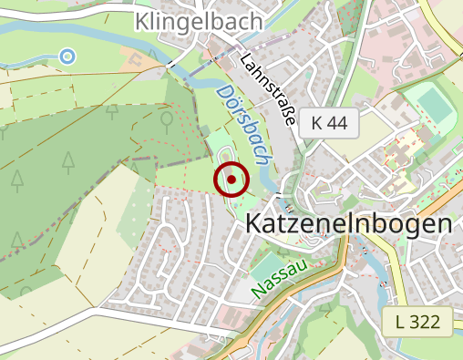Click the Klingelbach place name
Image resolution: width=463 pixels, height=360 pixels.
click(x=198, y=21)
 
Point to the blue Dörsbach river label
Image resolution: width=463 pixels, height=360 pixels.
click(x=244, y=125)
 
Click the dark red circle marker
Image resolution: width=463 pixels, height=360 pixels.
click(x=231, y=180)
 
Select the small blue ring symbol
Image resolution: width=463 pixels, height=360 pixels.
click(x=67, y=57)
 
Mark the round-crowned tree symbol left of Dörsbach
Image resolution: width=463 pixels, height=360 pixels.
click(x=166, y=118)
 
